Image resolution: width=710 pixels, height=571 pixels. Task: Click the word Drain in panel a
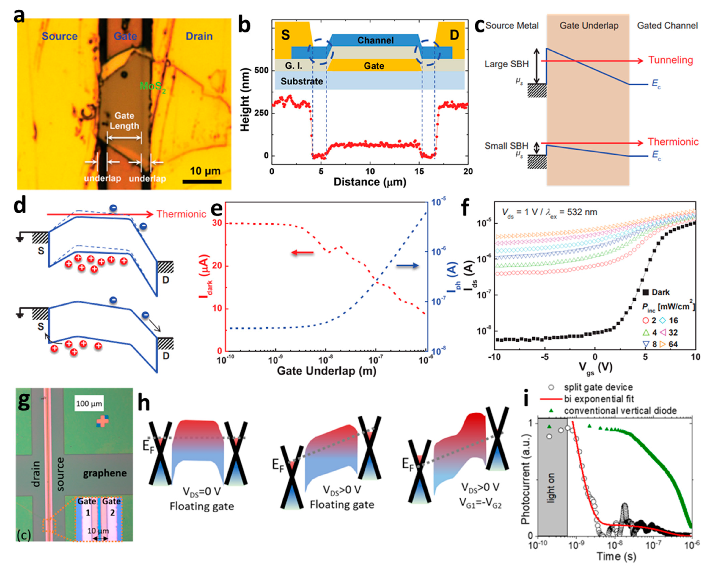[199, 36]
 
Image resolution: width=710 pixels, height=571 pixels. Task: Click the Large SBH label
[506, 64]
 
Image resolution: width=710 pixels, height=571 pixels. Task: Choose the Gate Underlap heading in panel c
[589, 26]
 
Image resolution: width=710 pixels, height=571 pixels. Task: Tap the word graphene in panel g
[105, 473]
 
